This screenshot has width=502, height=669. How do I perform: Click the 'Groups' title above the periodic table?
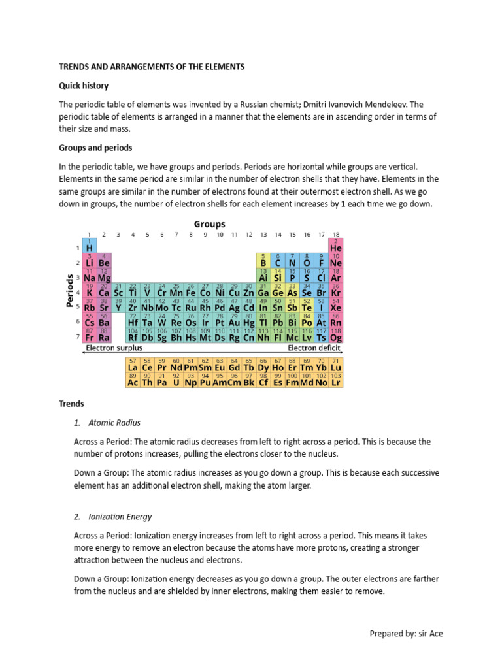[x=209, y=224]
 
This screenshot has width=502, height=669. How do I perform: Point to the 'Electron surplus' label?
[x=114, y=348]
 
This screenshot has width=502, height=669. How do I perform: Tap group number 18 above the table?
[x=336, y=234]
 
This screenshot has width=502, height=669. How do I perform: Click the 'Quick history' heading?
[x=84, y=86]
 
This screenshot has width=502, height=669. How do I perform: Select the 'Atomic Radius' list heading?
[x=114, y=423]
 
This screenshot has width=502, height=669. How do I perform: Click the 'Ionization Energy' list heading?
[x=120, y=517]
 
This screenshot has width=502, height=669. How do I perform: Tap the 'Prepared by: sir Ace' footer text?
[x=406, y=634]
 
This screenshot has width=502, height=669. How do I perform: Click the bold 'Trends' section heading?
[x=72, y=404]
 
